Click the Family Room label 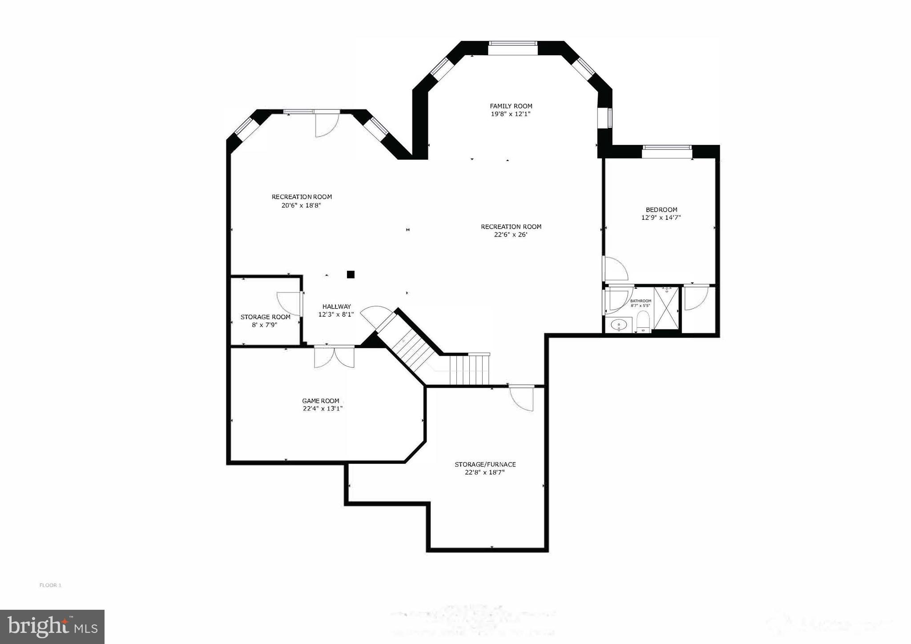(x=511, y=106)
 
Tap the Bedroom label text (x=661, y=210)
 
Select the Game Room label (x=321, y=401)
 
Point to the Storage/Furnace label (x=485, y=464)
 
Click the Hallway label (x=336, y=306)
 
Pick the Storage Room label (x=265, y=317)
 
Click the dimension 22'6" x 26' (x=511, y=235)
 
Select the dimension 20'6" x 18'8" (x=301, y=205)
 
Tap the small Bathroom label (x=641, y=301)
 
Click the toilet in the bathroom (x=643, y=321)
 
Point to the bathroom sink (x=618, y=325)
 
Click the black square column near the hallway (x=351, y=274)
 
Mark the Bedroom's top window (x=667, y=147)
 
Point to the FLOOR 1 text (x=50, y=585)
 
